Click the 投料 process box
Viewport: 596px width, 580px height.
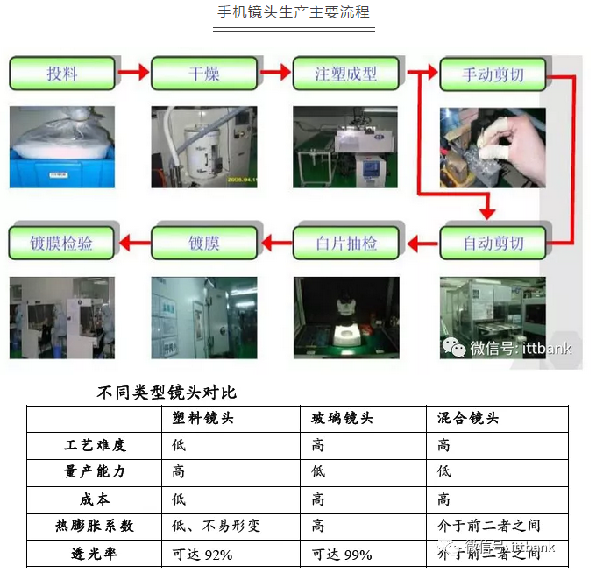click(x=62, y=74)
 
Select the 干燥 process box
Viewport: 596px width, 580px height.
click(x=204, y=74)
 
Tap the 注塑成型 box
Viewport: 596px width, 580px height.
click(x=345, y=74)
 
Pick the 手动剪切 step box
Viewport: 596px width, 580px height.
click(x=493, y=74)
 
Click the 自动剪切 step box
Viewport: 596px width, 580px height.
click(x=493, y=243)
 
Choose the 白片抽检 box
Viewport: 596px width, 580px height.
click(x=345, y=243)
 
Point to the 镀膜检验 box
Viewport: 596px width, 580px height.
click(x=62, y=243)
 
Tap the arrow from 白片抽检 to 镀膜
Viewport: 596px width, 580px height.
click(x=275, y=243)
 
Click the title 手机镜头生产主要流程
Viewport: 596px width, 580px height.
click(x=294, y=12)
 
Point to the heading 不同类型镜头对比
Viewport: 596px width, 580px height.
click(x=167, y=393)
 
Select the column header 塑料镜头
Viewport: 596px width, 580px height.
click(x=204, y=419)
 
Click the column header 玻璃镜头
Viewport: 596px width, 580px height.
click(x=343, y=419)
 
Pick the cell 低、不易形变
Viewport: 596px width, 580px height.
click(x=216, y=526)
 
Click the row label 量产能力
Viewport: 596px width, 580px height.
click(x=95, y=471)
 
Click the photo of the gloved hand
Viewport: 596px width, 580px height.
click(x=493, y=147)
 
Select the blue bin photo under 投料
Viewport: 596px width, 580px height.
click(x=62, y=147)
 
